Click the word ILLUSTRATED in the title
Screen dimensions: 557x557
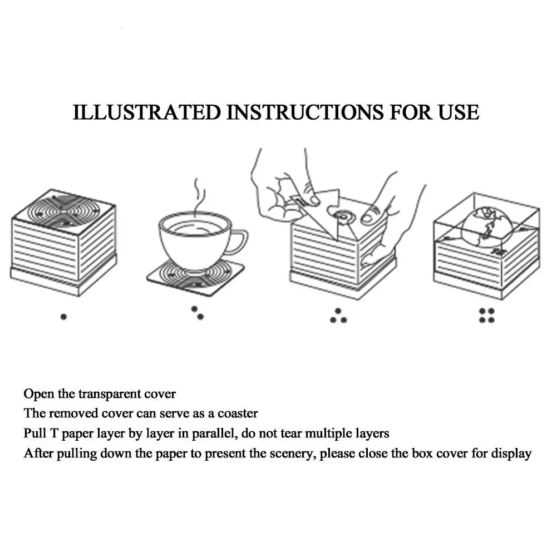(147, 112)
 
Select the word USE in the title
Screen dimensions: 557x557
(457, 112)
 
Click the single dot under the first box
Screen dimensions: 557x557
(63, 316)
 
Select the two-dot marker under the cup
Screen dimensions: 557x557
(197, 313)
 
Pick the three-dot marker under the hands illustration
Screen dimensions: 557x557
(338, 316)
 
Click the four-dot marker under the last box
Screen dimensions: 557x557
(487, 316)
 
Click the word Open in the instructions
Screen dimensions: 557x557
(38, 394)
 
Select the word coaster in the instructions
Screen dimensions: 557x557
(238, 413)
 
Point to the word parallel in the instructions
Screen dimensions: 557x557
(208, 433)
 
